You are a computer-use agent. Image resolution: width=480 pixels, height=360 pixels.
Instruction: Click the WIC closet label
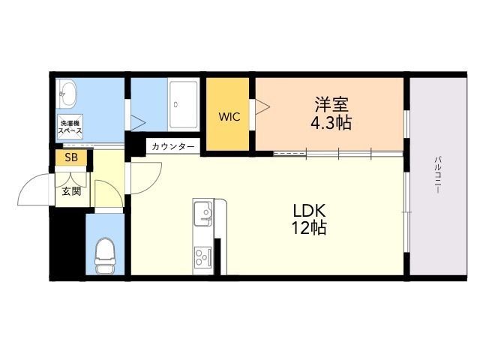tap(229, 117)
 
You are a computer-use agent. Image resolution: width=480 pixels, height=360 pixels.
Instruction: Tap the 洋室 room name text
tap(331, 104)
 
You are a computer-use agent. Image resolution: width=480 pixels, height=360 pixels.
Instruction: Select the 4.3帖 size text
tap(331, 123)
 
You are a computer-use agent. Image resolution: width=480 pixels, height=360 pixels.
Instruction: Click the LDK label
tap(309, 211)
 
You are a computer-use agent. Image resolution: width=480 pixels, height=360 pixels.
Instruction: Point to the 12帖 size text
tap(309, 228)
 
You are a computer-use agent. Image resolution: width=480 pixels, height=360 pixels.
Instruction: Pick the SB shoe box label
tap(71, 157)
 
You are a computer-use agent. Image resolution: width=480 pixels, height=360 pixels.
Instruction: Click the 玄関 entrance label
tap(72, 192)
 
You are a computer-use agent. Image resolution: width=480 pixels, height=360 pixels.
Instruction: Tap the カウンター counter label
tap(173, 147)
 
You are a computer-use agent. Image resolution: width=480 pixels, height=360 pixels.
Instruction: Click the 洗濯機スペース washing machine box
tap(70, 127)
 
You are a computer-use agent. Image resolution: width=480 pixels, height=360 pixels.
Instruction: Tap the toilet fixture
tap(104, 256)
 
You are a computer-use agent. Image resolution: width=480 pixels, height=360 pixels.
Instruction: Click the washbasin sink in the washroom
tap(67, 94)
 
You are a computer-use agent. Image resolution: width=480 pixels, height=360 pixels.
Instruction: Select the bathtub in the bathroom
tap(183, 104)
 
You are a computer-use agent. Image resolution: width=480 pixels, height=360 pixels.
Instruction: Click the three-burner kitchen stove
tap(203, 257)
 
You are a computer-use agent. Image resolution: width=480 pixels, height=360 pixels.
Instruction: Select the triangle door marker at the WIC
tap(262, 106)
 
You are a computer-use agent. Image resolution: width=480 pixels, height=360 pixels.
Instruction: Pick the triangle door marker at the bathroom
tap(138, 123)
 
